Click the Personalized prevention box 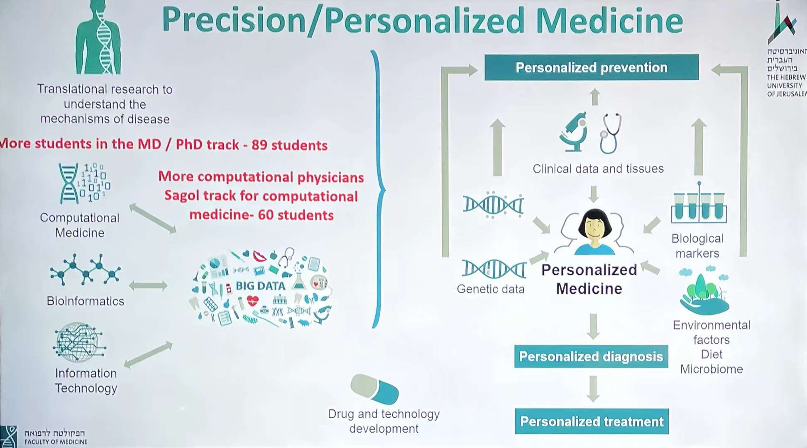(592, 67)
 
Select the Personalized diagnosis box (591, 356)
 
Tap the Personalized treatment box (592, 421)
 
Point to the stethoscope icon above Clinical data (611, 133)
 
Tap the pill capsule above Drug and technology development (374, 389)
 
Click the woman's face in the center (594, 229)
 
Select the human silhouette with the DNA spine (98, 37)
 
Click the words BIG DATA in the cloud (260, 286)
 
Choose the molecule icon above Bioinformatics (85, 270)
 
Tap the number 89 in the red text (259, 145)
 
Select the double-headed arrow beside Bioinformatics (148, 285)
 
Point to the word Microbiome (712, 369)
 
